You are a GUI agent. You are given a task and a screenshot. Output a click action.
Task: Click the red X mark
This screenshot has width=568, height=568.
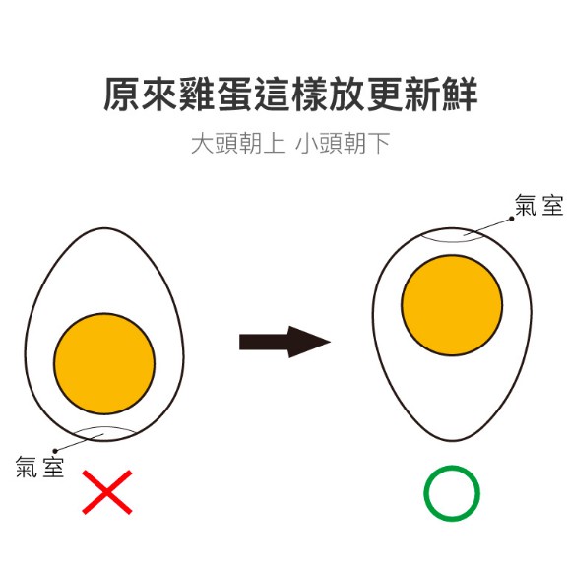coord(107,492)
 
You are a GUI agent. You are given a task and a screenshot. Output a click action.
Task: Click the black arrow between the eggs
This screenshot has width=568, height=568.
coord(284,342)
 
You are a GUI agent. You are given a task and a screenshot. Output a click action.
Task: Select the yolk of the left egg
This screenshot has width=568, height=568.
coord(104,363)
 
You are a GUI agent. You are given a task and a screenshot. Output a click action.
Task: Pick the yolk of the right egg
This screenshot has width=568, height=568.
coord(452,305)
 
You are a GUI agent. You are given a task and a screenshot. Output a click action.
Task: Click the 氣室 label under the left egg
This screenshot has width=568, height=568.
coord(39,467)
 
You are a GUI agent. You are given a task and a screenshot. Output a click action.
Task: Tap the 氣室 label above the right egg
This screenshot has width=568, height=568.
coord(539,205)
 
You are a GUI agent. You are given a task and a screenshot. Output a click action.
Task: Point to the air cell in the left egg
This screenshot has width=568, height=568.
coord(104,429)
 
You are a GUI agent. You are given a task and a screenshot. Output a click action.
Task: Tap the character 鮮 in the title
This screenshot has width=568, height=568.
coord(459,94)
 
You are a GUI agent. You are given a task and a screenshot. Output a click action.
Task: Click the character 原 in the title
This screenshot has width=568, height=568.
coord(122,94)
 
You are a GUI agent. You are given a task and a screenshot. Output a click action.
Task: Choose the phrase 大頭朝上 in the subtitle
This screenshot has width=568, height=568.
coord(238,144)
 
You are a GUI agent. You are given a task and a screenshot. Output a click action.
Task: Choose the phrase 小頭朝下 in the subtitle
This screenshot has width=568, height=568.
coord(343,144)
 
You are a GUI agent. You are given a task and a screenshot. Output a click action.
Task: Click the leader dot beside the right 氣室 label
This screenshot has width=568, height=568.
coord(512,219)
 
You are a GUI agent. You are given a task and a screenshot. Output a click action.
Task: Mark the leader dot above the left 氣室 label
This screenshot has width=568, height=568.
coord(55,451)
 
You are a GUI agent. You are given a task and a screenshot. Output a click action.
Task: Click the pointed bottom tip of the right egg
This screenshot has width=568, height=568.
coord(452,441)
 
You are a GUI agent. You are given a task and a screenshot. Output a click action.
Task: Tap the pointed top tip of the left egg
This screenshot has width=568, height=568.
coord(104,228)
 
